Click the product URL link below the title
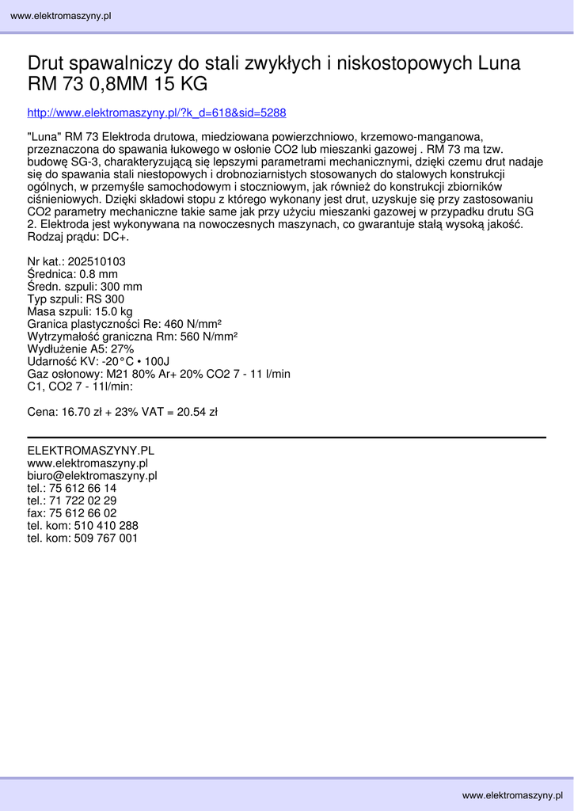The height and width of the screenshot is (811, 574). click(157, 113)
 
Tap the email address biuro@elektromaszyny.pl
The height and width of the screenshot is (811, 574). click(92, 476)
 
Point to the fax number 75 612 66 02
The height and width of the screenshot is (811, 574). click(82, 513)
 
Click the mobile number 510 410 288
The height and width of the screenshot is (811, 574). click(105, 526)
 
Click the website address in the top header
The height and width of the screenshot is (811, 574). click(60, 16)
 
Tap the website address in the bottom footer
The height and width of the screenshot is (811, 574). click(513, 795)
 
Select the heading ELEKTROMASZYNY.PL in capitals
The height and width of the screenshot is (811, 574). click(90, 451)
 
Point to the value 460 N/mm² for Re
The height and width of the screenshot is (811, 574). click(186, 324)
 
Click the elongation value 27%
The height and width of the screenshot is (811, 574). click(122, 349)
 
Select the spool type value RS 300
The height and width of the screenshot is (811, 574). click(105, 299)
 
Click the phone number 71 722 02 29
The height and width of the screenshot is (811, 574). click(82, 501)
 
